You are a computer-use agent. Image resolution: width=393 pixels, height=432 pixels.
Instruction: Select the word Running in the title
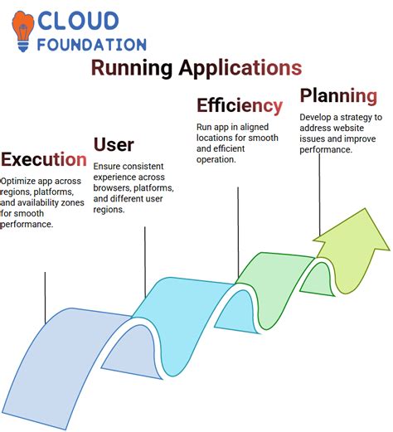(131, 67)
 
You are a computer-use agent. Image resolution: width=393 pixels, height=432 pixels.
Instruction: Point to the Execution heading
(43, 159)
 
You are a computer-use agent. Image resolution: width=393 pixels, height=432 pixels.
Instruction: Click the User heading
(114, 146)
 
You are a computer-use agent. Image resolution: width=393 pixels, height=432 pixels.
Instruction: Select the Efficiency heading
(239, 105)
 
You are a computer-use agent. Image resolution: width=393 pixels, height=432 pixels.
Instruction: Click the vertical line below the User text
(145, 261)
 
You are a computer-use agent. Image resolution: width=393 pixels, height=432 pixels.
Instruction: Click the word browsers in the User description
(116, 188)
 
